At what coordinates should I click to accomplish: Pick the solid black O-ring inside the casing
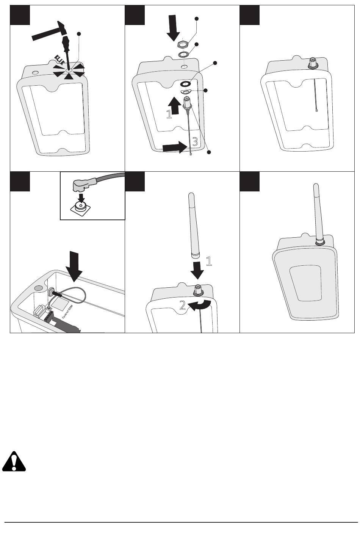click(x=186, y=84)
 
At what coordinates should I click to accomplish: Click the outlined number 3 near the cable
click(x=195, y=142)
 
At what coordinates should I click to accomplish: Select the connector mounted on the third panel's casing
click(x=313, y=63)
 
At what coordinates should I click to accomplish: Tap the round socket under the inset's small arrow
click(x=80, y=206)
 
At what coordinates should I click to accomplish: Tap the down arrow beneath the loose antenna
click(x=197, y=269)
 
